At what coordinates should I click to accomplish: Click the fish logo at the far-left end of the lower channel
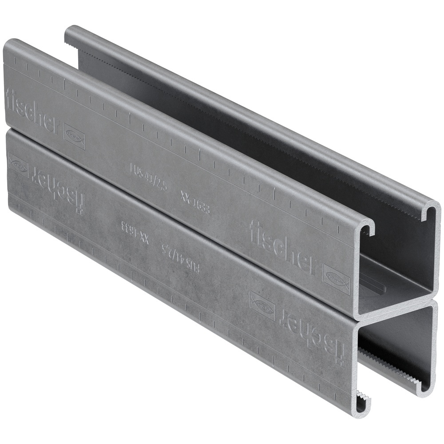tap(18, 165)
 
